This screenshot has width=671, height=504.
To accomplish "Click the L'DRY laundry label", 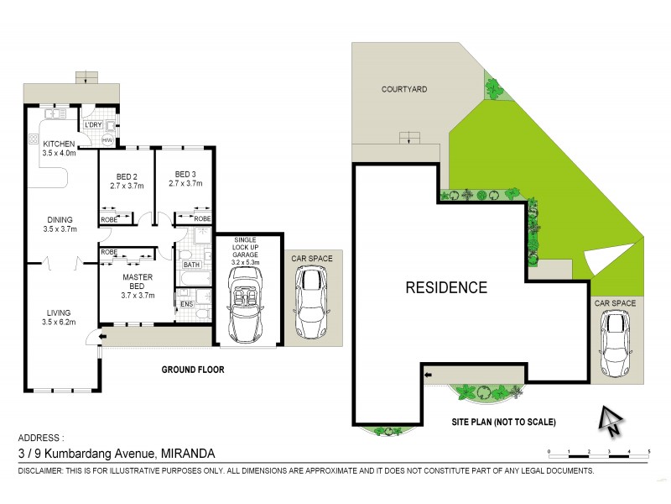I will point(92,125).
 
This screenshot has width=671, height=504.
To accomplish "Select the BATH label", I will point(191,264).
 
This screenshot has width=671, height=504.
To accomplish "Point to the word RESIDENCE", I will point(446,287).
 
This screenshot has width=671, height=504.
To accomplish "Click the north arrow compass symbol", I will point(611,418).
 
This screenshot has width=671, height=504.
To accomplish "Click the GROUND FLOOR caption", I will point(194,370).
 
